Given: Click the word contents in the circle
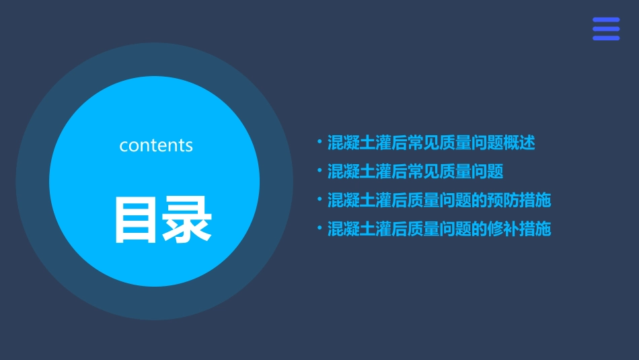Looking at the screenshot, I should click(x=156, y=145).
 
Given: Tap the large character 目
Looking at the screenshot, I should click(x=137, y=220).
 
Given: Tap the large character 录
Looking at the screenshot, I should click(x=188, y=220).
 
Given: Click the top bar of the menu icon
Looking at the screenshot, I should click(x=606, y=20).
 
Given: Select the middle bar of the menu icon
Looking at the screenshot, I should click(x=606, y=29).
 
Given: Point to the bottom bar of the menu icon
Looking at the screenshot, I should click(x=606, y=38).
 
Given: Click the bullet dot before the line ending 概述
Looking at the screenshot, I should click(x=319, y=142).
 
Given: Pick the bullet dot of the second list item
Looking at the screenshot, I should click(x=319, y=171).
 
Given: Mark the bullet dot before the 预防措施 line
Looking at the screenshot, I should click(x=319, y=200).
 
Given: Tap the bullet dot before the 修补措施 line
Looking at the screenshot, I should click(x=319, y=229).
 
